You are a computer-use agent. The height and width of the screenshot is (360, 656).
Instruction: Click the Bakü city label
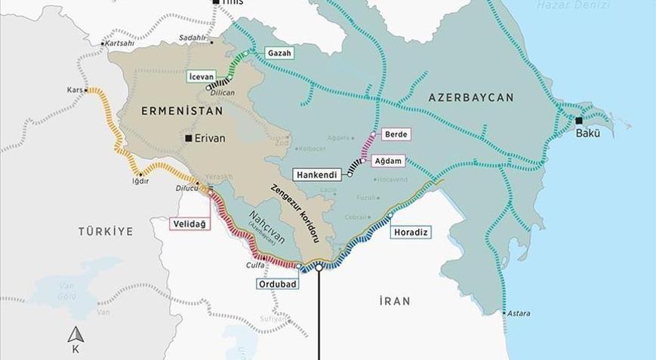[588, 134]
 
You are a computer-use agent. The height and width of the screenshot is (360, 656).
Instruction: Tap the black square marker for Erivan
[189, 139]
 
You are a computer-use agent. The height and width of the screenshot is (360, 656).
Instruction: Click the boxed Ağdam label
[395, 161]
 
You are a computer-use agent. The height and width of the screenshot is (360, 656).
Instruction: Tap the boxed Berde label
[396, 134]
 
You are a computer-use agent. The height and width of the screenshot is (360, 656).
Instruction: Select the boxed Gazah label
[279, 54]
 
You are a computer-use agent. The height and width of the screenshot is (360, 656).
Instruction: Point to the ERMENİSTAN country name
[181, 111]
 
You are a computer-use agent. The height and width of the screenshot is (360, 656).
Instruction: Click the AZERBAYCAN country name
[471, 98]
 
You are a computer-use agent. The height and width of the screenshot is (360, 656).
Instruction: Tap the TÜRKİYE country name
[105, 232]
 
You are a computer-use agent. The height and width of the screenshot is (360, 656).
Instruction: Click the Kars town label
[75, 90]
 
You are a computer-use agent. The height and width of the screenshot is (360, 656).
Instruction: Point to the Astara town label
[519, 313]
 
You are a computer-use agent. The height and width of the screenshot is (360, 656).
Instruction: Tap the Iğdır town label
[140, 181]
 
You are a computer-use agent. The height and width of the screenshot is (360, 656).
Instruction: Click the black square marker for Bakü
[579, 121]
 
